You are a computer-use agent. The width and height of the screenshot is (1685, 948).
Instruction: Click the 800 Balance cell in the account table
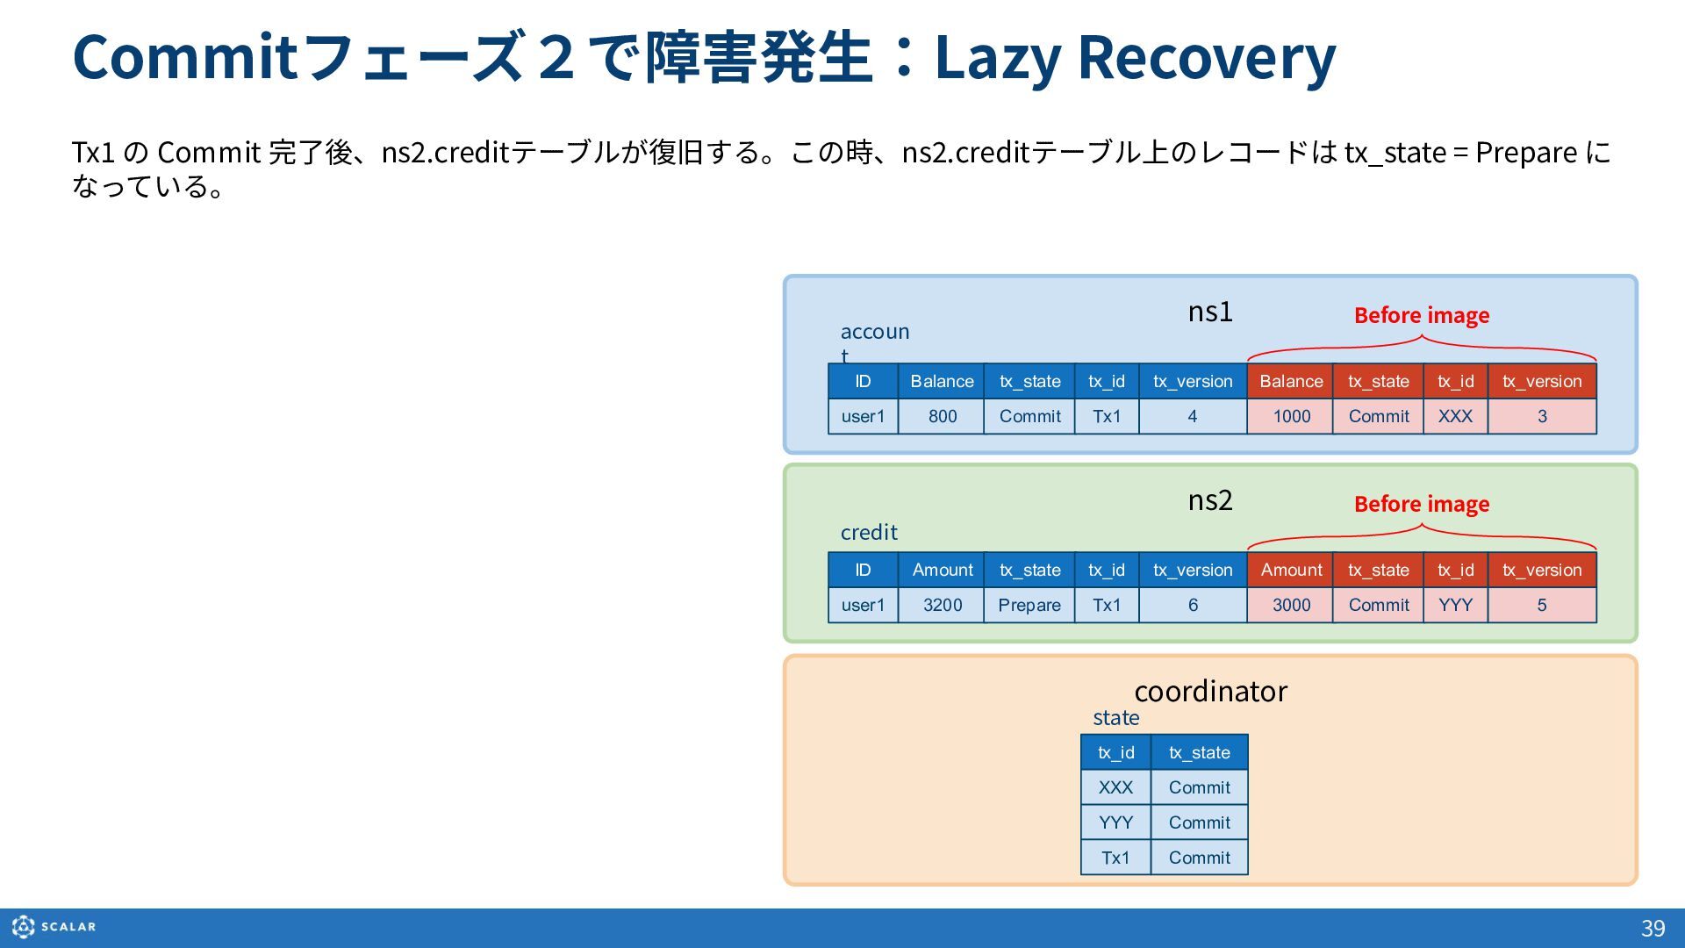pyautogui.click(x=942, y=416)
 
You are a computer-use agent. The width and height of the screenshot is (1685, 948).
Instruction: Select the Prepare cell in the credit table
pyautogui.click(x=1029, y=605)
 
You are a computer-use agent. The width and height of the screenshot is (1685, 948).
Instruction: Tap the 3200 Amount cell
pyautogui.click(x=942, y=605)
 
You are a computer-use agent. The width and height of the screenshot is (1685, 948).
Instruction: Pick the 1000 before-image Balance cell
pyautogui.click(x=1290, y=416)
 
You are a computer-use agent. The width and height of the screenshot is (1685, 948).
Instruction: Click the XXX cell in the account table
pyautogui.click(x=1455, y=416)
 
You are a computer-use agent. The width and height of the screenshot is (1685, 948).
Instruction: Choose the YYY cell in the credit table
pyautogui.click(x=1455, y=605)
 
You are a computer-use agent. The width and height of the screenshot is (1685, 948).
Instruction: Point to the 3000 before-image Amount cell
pyautogui.click(x=1290, y=605)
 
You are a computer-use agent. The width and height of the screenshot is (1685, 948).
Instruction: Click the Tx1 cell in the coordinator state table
pyautogui.click(x=1115, y=858)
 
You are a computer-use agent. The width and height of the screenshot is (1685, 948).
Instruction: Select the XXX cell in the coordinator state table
pyautogui.click(x=1115, y=787)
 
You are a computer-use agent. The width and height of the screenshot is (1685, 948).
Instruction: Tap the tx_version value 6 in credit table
pyautogui.click(x=1193, y=605)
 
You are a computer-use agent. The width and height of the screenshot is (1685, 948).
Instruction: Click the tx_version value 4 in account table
pyautogui.click(x=1193, y=416)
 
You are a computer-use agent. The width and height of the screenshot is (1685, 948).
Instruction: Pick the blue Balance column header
pyautogui.click(x=942, y=381)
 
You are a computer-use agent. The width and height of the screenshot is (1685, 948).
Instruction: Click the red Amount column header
pyautogui.click(x=1290, y=570)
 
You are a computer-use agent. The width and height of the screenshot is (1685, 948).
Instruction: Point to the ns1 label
pyautogui.click(x=1210, y=312)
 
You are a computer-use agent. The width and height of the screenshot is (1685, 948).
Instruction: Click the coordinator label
pyautogui.click(x=1210, y=692)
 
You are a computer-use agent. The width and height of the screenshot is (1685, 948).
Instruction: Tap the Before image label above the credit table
pyautogui.click(x=1422, y=504)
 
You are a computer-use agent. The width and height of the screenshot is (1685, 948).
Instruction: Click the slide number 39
pyautogui.click(x=1653, y=929)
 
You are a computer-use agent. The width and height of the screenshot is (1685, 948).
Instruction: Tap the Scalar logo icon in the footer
pyautogui.click(x=24, y=927)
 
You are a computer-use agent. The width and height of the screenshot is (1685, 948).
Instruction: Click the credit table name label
pyautogui.click(x=869, y=533)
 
